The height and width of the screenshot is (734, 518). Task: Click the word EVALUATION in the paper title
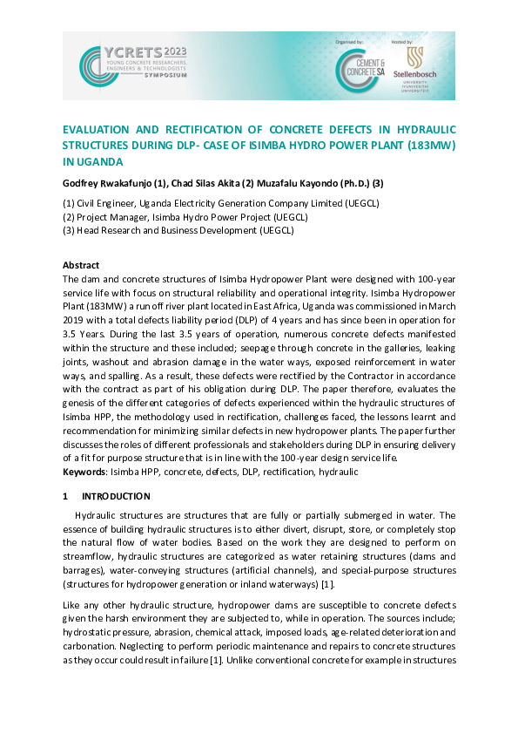pyautogui.click(x=98, y=129)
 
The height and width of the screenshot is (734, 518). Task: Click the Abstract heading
pyautogui.click(x=81, y=265)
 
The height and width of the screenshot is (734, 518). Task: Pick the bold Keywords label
pyautogui.click(x=84, y=472)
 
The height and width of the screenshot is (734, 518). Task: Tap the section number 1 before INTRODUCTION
pyautogui.click(x=65, y=496)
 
